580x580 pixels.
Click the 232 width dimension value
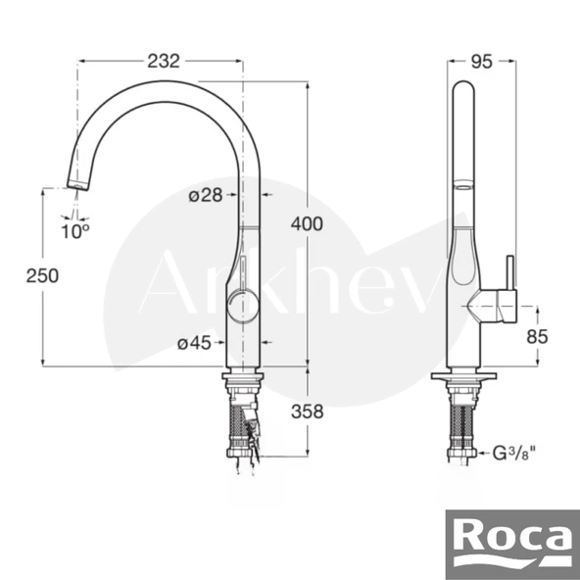tap(163, 60)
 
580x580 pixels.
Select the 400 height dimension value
tap(306, 224)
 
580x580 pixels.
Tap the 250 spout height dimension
tap(42, 276)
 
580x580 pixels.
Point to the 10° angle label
tap(74, 231)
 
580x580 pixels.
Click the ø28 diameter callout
tap(206, 195)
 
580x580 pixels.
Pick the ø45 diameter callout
tap(196, 343)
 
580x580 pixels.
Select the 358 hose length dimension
tap(307, 412)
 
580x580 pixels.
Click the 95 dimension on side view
tap(481, 61)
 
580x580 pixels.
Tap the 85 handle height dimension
tap(537, 336)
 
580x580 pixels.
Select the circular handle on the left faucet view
tap(240, 307)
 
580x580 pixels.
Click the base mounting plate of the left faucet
tap(243, 376)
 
